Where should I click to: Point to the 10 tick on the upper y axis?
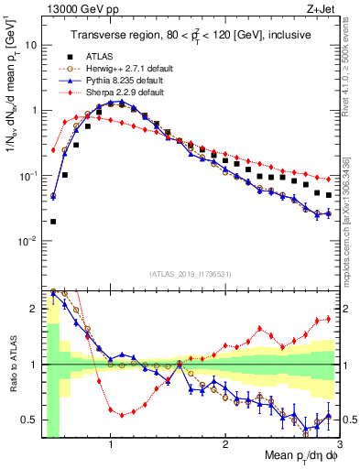[x=32, y=44]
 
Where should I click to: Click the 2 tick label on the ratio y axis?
[x=35, y=309]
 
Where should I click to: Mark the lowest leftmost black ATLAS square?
[x=53, y=221]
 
